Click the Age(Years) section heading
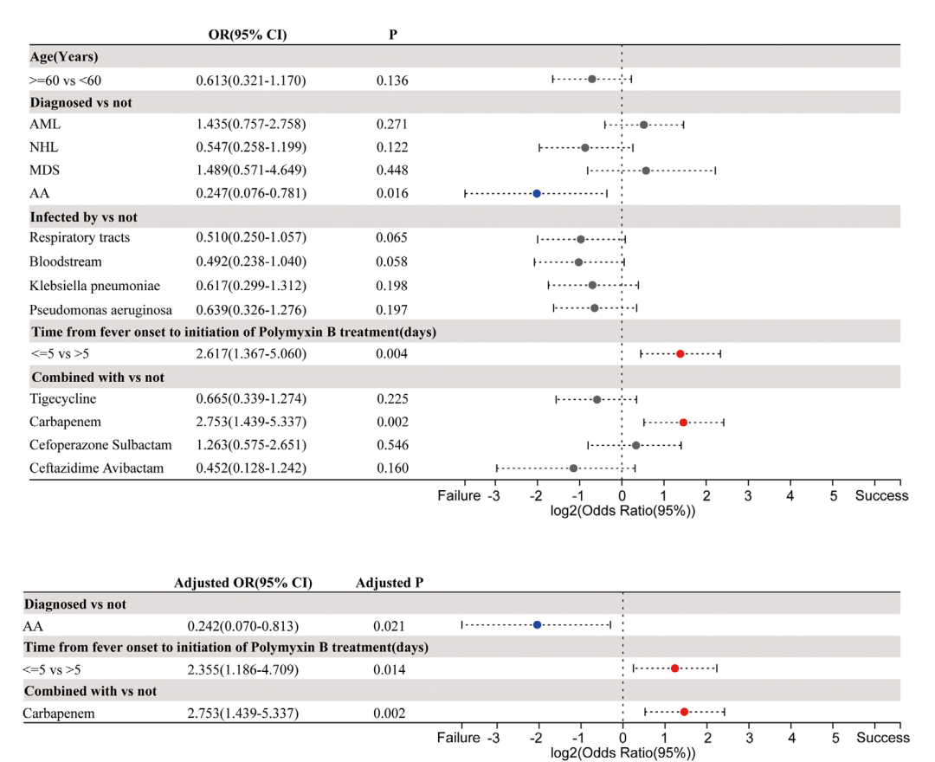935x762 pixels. tap(64, 56)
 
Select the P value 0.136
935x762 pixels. tap(392, 81)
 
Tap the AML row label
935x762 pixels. tap(45, 125)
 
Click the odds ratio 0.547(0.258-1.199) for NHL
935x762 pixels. tap(250, 147)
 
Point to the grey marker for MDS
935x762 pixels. tap(646, 170)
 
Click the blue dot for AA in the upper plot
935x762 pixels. tap(537, 193)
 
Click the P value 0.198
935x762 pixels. tap(392, 285)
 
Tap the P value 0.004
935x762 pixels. tap(392, 354)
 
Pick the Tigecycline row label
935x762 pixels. tap(62, 399)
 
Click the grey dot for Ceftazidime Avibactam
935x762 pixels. tap(573, 468)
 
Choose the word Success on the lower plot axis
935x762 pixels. tap(883, 738)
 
